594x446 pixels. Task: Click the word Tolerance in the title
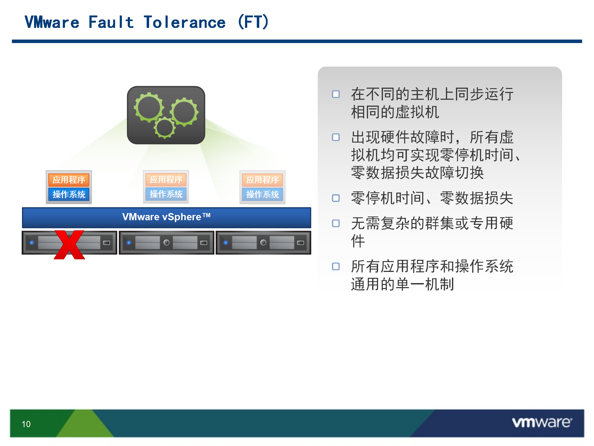(185, 22)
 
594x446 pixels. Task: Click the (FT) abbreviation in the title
(253, 22)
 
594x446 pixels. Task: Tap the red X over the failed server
(69, 245)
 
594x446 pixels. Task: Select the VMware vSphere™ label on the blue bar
(166, 217)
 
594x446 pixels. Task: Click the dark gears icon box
(166, 115)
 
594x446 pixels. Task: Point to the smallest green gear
(165, 127)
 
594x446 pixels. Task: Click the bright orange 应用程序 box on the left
(69, 180)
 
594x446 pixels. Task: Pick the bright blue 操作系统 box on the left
(69, 194)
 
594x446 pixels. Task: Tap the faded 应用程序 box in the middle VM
(166, 179)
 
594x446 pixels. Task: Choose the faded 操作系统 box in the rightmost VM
(262, 194)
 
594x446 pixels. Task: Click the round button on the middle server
(166, 243)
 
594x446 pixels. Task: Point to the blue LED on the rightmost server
(226, 243)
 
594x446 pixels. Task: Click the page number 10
(26, 424)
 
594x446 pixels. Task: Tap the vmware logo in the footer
(542, 422)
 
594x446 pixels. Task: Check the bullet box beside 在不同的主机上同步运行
(336, 94)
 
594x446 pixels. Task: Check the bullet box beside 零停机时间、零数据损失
(336, 198)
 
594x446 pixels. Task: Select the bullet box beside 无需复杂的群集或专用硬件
(336, 223)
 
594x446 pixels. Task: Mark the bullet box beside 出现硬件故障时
(336, 137)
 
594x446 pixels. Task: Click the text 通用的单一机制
(402, 284)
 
